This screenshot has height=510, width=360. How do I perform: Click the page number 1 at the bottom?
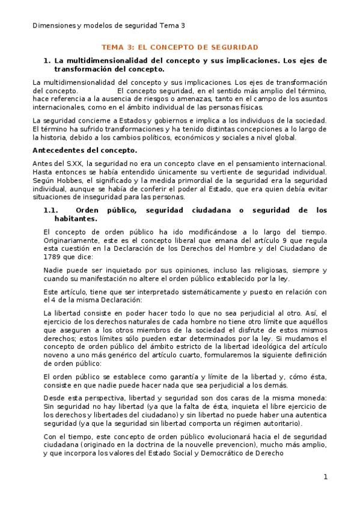(x=325, y=477)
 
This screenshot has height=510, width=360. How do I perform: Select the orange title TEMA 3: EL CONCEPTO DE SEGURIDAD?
(x=180, y=47)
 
